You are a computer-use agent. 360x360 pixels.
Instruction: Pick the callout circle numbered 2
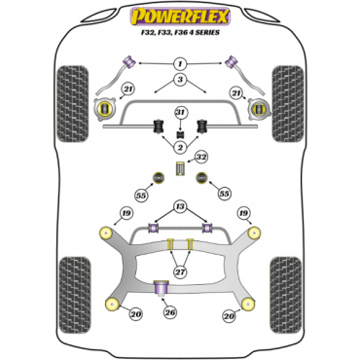(179, 146)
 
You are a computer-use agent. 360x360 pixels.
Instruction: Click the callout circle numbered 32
(200, 156)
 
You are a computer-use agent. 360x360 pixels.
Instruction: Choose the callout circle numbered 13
(179, 207)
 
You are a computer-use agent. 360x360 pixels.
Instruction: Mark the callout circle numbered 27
(179, 272)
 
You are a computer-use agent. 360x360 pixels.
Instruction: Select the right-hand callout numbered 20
(229, 315)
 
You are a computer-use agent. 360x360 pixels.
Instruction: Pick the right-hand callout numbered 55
(226, 195)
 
